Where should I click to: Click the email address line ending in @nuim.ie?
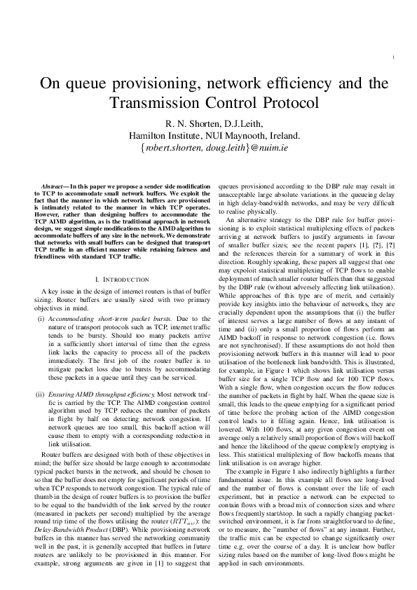point(208,148)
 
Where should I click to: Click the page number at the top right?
point(397,57)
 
